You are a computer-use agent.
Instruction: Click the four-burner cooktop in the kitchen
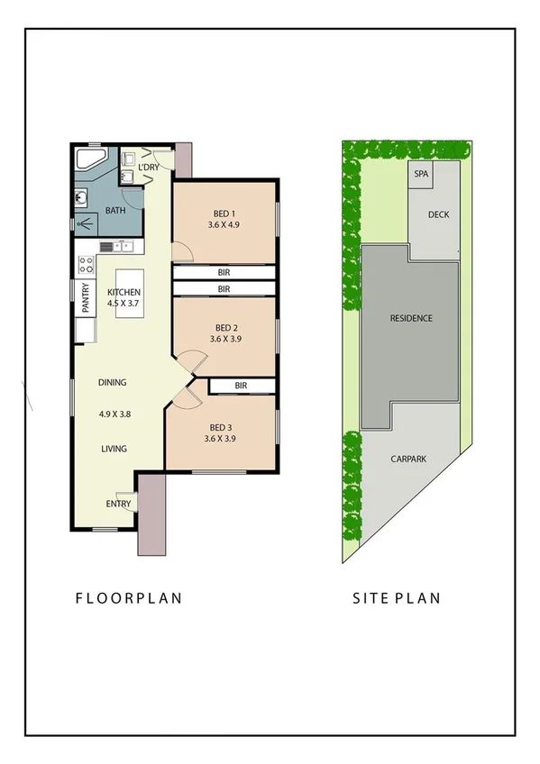[x=87, y=265]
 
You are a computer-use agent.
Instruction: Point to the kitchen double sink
[x=117, y=246]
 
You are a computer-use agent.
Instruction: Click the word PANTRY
[x=86, y=298]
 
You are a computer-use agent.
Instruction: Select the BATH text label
[x=115, y=211]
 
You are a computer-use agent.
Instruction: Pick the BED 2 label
[x=225, y=327]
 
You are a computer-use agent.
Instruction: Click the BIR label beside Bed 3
[x=241, y=386]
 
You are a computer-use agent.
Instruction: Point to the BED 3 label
[x=221, y=427]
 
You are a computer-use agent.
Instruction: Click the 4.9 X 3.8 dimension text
[x=115, y=414]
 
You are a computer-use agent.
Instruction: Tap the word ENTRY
[x=118, y=504]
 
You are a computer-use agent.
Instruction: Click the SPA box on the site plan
[x=419, y=175]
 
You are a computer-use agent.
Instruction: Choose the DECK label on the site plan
[x=438, y=214]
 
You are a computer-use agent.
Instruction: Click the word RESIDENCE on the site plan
[x=410, y=318]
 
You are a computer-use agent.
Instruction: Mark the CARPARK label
[x=408, y=459]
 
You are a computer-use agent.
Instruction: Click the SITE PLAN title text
[x=398, y=597]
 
